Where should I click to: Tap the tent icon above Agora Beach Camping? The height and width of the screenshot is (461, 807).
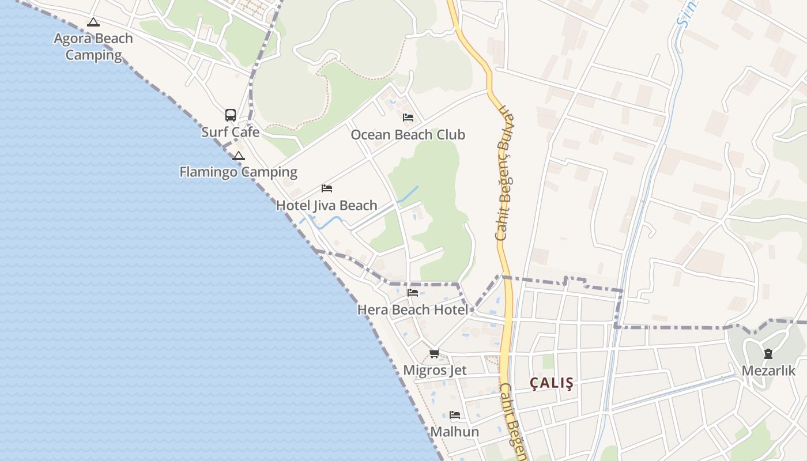[x=93, y=22]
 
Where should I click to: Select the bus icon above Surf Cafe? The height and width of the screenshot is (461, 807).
[x=231, y=115]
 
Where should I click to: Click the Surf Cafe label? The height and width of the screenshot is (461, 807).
[x=231, y=132]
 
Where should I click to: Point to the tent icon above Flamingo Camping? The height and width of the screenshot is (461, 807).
[x=239, y=156]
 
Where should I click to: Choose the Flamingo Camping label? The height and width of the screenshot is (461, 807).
[x=238, y=172]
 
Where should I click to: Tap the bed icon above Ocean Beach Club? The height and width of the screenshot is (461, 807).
[x=408, y=118]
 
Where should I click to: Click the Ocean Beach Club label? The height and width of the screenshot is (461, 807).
[x=408, y=135]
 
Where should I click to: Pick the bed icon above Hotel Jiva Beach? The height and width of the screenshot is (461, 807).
[x=327, y=188]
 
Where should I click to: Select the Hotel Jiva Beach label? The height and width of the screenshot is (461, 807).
[x=327, y=206]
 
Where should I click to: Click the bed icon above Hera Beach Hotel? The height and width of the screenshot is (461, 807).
[x=413, y=293]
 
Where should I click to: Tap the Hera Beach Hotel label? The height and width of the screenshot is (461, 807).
[x=413, y=310]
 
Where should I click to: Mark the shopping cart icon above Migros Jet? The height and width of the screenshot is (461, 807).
[x=435, y=353]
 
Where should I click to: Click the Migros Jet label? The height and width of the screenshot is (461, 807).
[x=435, y=370]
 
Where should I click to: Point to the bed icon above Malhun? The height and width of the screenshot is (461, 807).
[x=455, y=415]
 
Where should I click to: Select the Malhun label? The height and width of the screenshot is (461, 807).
[x=455, y=432]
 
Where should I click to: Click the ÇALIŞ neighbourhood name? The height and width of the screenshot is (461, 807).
[x=552, y=384]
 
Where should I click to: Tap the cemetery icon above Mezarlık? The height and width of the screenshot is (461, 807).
[x=768, y=354]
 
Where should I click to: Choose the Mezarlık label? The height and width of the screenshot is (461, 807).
[x=768, y=371]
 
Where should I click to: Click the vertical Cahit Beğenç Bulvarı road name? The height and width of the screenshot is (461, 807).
[x=504, y=173]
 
